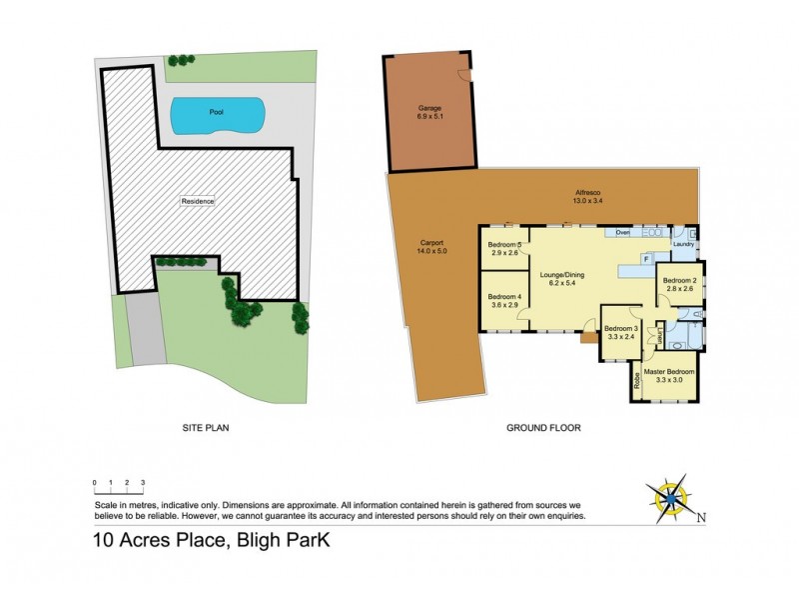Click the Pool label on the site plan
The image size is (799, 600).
[216, 112]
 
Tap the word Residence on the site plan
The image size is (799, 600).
[198, 201]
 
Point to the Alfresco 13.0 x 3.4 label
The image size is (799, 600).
[587, 197]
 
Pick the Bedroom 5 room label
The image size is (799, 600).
[504, 249]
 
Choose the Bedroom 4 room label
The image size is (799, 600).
[504, 299]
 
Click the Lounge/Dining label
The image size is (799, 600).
[561, 276]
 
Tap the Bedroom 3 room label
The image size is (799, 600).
[622, 332]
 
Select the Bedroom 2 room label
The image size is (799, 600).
[679, 285]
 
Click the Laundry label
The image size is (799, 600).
[683, 243]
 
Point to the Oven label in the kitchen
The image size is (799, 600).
[622, 232]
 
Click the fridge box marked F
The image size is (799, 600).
[646, 259]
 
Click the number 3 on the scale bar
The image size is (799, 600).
[143, 483]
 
